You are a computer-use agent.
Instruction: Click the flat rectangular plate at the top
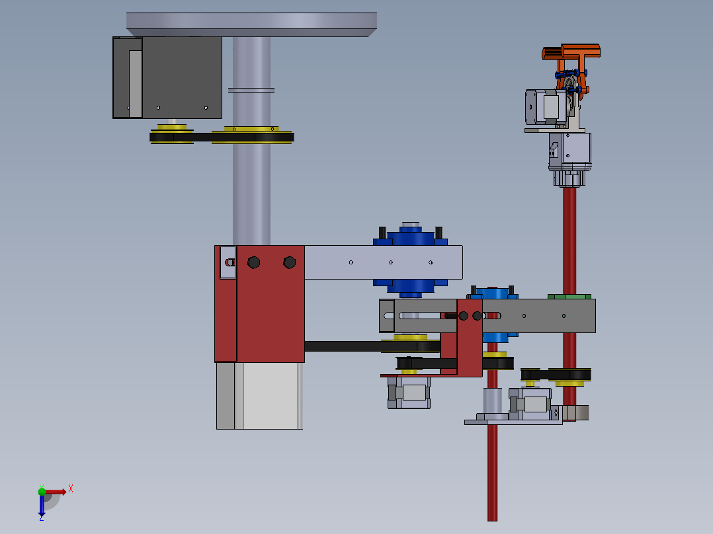pos(251,24)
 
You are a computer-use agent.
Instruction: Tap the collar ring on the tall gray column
pos(251,89)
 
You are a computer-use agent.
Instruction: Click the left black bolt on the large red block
pos(253,262)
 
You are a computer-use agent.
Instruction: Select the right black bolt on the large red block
pos(289,262)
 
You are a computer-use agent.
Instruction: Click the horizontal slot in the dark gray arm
pos(423,315)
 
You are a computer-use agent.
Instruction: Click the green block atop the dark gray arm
pos(570,295)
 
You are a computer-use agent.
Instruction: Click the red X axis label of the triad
pos(70,489)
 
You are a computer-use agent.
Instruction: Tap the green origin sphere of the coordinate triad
pos(42,491)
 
